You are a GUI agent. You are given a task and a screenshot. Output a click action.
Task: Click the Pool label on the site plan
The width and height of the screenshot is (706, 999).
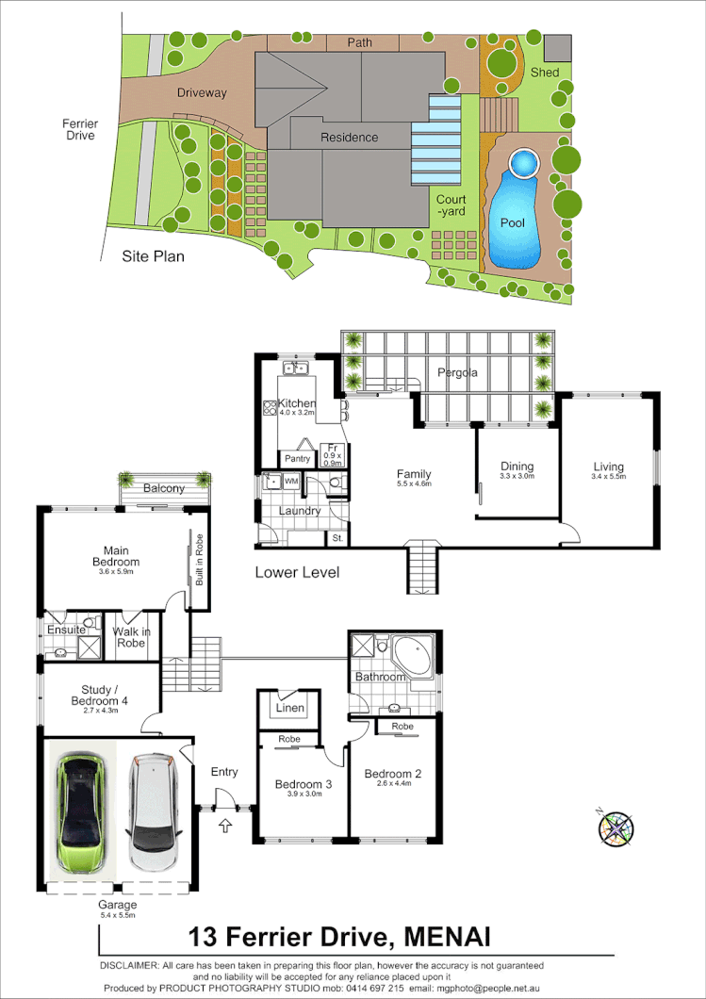(x=513, y=223)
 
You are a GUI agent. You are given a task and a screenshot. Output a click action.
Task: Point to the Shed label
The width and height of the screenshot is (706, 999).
(x=545, y=73)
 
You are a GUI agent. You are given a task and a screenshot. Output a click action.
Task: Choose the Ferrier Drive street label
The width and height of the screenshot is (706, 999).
(x=80, y=129)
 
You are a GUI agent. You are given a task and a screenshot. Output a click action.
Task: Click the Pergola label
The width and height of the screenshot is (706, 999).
(x=457, y=372)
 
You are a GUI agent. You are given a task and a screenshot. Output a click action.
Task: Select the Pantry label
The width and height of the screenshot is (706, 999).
(x=298, y=459)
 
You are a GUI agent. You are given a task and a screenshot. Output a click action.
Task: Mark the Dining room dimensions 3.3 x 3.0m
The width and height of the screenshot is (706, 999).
(x=517, y=477)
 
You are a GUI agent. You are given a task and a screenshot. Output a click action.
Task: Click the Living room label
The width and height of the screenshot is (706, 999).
(x=608, y=466)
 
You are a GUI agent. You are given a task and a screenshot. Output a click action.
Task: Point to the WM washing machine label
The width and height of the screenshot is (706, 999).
(x=290, y=482)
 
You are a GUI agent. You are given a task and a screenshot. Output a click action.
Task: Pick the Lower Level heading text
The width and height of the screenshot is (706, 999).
(x=297, y=572)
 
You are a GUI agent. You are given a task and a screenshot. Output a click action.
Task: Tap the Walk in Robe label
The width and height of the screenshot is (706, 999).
(x=130, y=637)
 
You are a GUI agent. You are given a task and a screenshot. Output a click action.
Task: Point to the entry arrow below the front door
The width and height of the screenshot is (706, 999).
(x=224, y=827)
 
